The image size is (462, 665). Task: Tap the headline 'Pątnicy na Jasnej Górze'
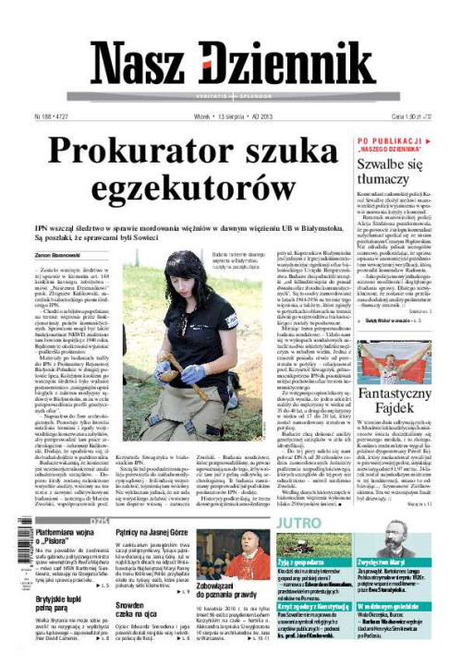pyautogui.click(x=152, y=534)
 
